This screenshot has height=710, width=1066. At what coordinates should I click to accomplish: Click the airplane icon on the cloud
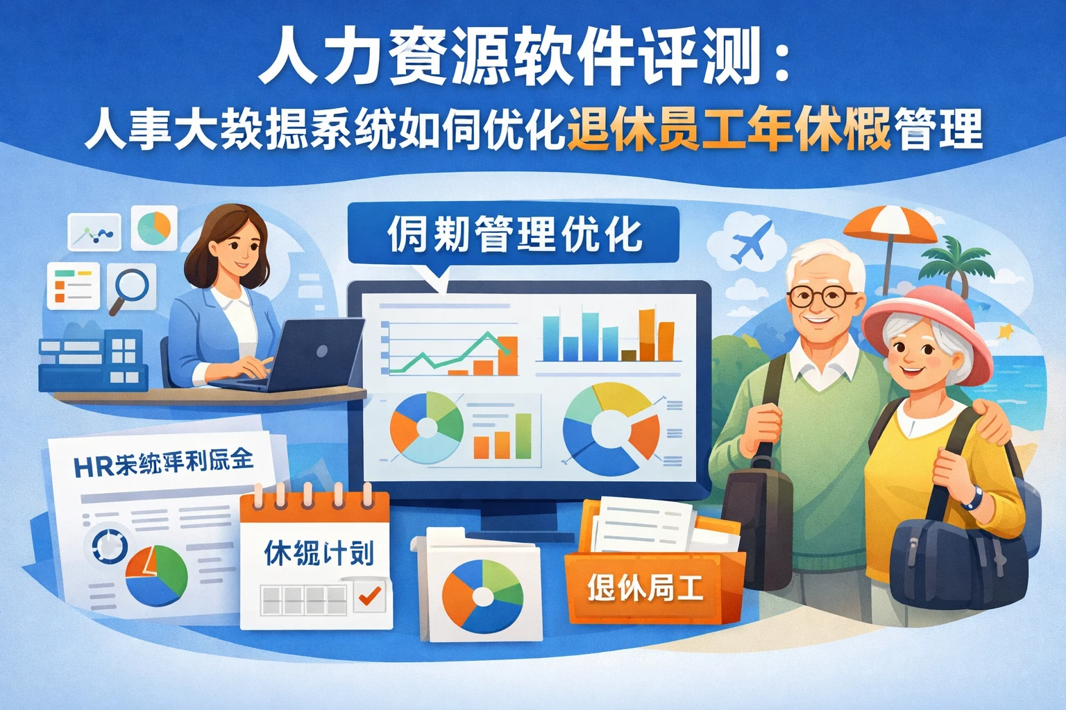(751, 240)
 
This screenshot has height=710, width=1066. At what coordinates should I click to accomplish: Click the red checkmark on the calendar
(370, 595)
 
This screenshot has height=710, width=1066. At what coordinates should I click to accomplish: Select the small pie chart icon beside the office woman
(153, 227)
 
